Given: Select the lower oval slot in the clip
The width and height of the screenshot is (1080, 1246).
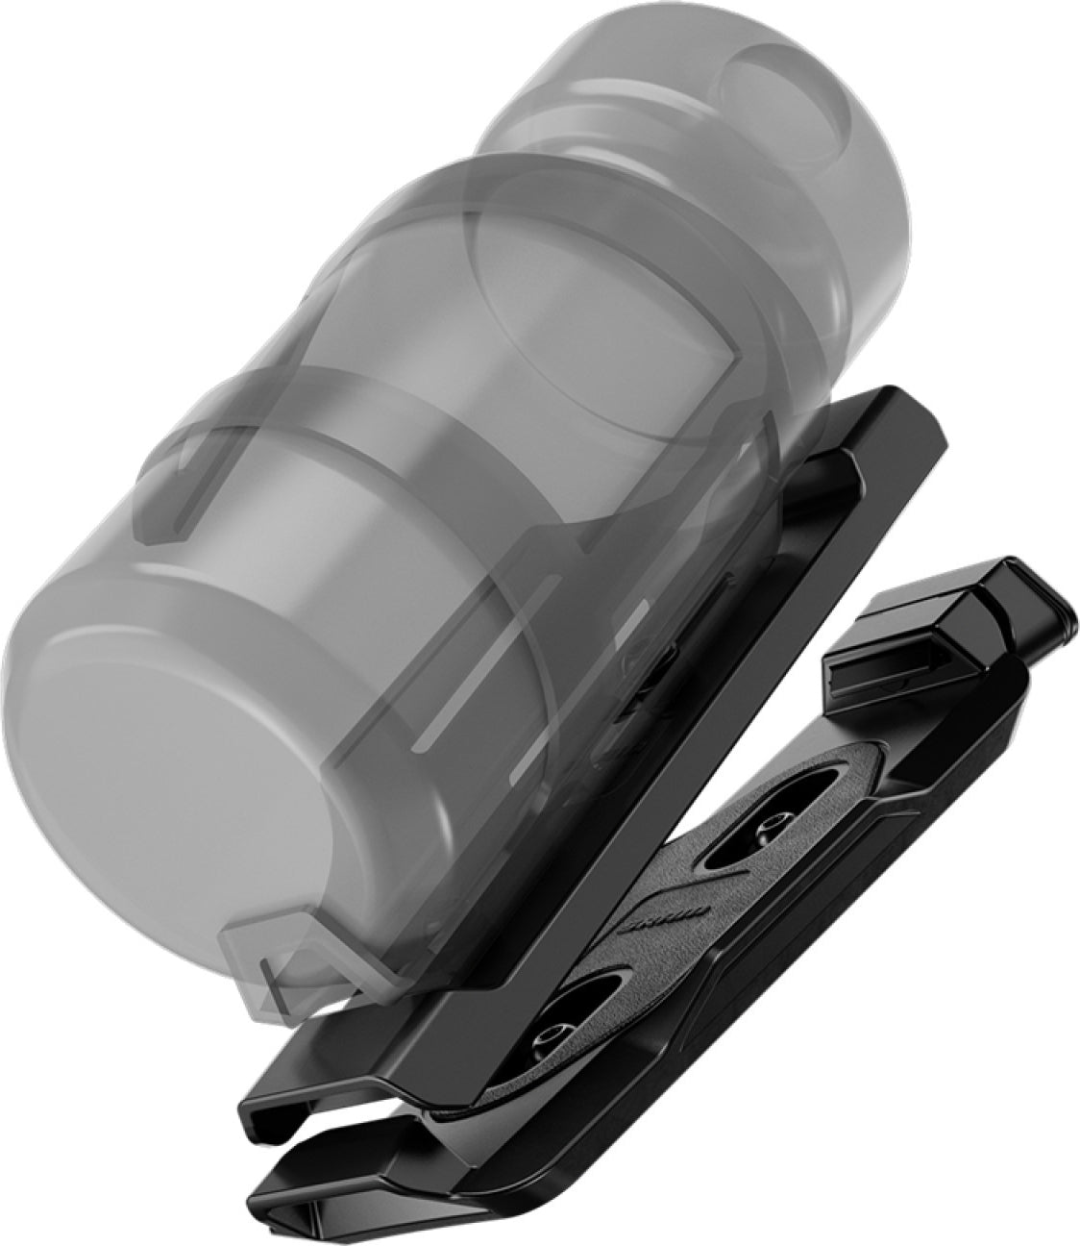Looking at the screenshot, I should click(557, 1034).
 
